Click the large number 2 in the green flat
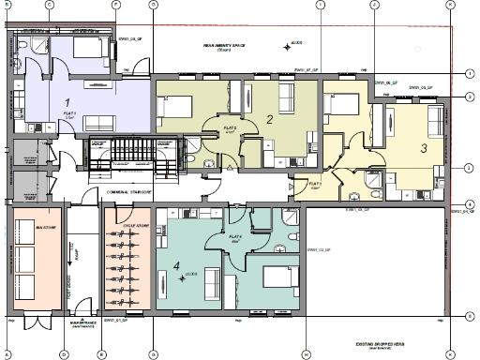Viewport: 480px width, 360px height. coord(269,119)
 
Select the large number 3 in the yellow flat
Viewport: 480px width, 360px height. coord(423,147)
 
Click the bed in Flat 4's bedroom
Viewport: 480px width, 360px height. coord(280,278)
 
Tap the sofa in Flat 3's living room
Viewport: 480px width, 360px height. coord(436,122)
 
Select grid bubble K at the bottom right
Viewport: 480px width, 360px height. coord(450,354)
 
